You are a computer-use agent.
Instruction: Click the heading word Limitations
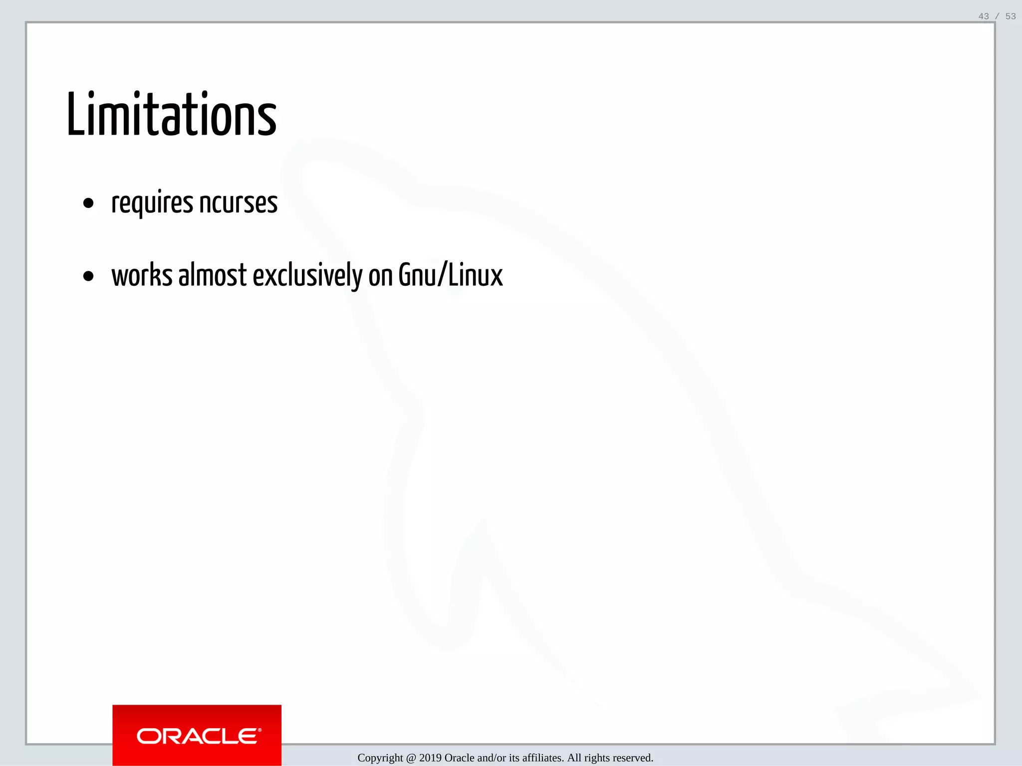coord(171,115)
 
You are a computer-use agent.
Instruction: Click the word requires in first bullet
coord(152,203)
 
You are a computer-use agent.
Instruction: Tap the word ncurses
coord(238,203)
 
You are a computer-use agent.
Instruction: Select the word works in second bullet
coord(142,275)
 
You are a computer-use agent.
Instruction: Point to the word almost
coord(213,275)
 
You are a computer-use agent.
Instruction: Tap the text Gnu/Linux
coord(450,275)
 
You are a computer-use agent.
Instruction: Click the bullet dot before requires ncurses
coord(88,203)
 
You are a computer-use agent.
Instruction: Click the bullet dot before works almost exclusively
coord(88,276)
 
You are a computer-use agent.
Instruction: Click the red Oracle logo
coord(197,736)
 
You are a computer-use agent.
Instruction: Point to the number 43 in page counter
coord(984,16)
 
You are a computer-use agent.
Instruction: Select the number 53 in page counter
coord(1011,16)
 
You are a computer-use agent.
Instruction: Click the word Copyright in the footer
coord(380,758)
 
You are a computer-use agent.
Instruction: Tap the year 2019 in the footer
coord(430,758)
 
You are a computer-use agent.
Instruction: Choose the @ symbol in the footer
coord(411,758)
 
